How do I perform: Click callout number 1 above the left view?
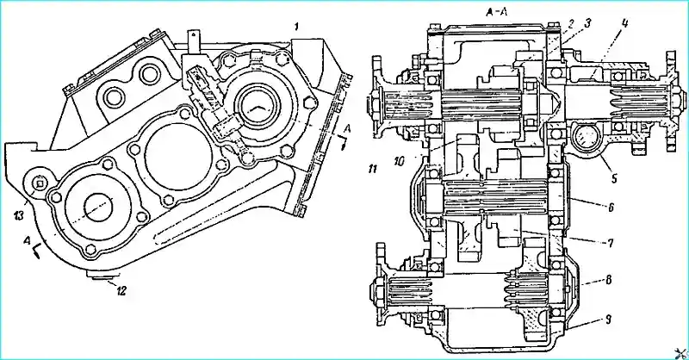(295, 28)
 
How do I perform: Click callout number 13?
(17, 213)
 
